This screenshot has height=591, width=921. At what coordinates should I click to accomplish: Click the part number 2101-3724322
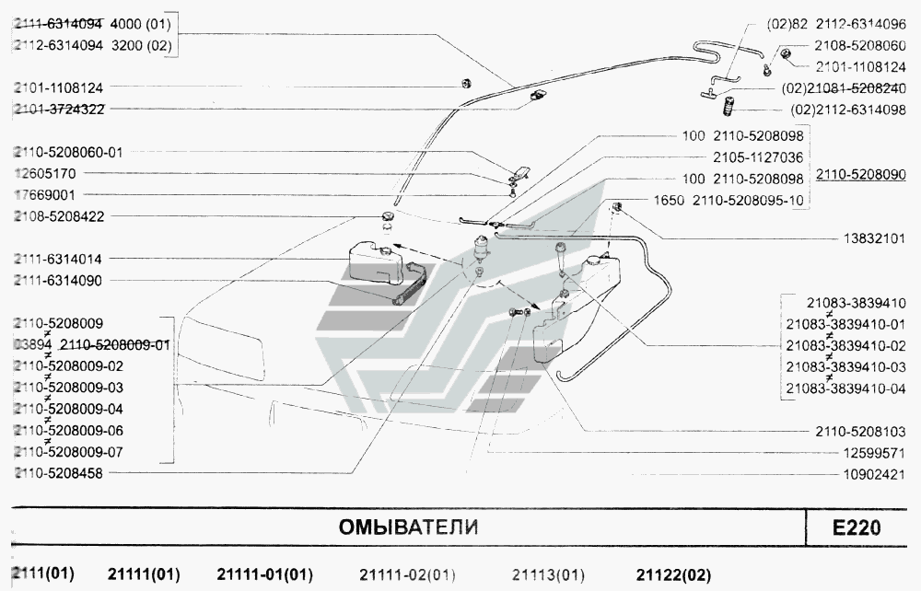coord(58,109)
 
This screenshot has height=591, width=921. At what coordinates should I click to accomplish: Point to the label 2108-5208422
coord(58,216)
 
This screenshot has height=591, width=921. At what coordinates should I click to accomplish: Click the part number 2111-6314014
coord(58,260)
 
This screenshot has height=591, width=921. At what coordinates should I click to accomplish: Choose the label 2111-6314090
coord(58,281)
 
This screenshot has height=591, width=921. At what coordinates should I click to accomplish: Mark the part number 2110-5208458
coord(58,473)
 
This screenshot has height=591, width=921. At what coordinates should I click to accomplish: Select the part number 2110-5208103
coord(860,431)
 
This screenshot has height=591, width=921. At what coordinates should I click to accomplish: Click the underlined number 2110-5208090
coord(860,174)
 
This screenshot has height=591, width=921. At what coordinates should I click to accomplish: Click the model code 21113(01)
coord(547,575)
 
